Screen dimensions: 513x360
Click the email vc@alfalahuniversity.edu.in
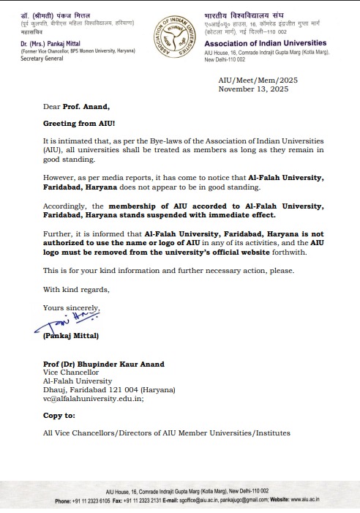[83, 399]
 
